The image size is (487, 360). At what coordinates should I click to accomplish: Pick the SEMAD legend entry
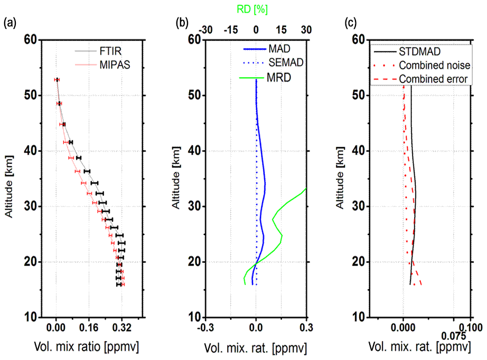tap(285, 63)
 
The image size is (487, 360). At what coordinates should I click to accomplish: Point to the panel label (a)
tap(11, 23)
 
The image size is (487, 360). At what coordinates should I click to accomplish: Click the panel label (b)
tap(182, 23)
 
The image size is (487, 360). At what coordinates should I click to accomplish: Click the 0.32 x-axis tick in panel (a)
tap(121, 327)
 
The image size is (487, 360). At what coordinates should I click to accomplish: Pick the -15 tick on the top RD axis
tap(230, 30)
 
